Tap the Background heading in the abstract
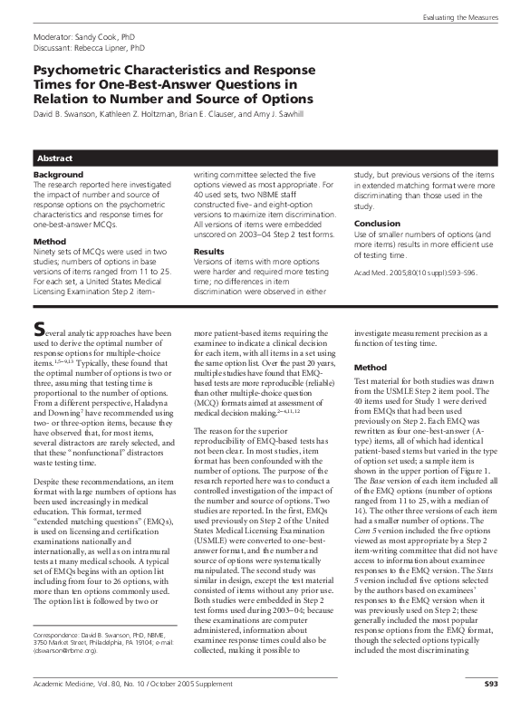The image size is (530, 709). pos(58,173)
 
